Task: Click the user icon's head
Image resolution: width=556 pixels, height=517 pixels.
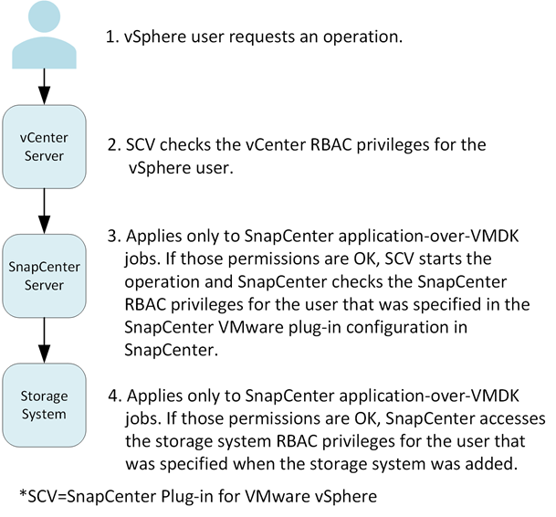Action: pos(42,17)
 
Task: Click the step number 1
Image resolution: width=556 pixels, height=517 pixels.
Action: pos(112,38)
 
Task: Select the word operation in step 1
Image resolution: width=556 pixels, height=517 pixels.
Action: pos(361,38)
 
